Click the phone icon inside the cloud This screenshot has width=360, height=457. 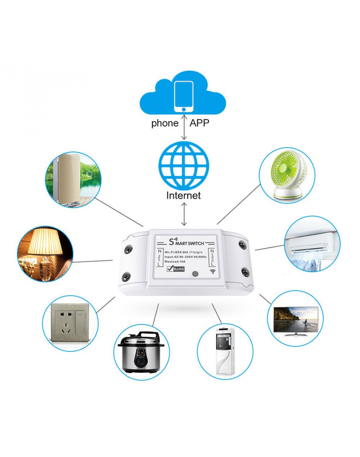click(x=184, y=96)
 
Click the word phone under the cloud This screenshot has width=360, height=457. click(x=165, y=123)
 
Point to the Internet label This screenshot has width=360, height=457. click(x=184, y=195)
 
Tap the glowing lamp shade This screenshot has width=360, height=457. click(x=46, y=242)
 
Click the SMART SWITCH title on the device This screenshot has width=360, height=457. click(x=186, y=242)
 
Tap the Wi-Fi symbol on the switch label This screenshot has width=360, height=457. click(x=212, y=272)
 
